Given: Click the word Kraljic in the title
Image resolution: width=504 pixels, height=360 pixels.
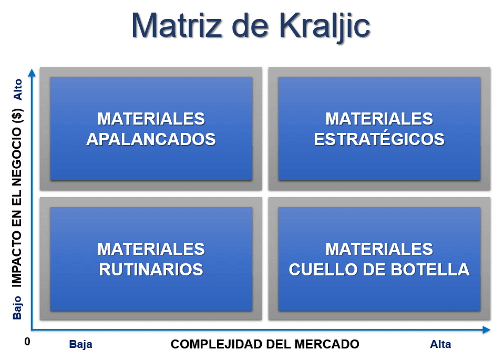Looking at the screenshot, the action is tap(325, 26).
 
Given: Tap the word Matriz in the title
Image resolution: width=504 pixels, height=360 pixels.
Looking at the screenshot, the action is tap(177, 25).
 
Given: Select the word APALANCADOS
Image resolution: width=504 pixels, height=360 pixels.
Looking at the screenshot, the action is tap(151, 139).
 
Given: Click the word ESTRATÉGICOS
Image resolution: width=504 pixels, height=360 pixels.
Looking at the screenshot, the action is tap(379, 139).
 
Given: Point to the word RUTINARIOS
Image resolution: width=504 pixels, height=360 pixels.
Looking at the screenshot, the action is tap(151, 270).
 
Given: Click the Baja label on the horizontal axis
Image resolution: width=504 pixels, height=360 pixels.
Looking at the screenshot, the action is tap(81, 344).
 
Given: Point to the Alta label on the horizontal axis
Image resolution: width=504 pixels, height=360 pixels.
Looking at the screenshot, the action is tap(440, 344).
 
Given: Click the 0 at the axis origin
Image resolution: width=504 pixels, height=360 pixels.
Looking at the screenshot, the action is tap(27, 342).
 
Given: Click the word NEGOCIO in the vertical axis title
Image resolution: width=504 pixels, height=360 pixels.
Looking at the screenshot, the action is tap(17, 157).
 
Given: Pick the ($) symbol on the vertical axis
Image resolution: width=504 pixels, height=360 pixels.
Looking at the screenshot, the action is tap(17, 116).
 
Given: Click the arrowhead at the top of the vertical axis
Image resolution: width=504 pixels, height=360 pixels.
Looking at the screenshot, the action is tap(32, 73).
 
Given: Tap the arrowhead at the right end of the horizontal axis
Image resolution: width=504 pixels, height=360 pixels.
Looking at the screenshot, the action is tap(486, 330).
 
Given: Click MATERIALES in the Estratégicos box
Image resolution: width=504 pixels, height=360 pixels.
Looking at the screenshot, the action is tap(379, 119).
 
